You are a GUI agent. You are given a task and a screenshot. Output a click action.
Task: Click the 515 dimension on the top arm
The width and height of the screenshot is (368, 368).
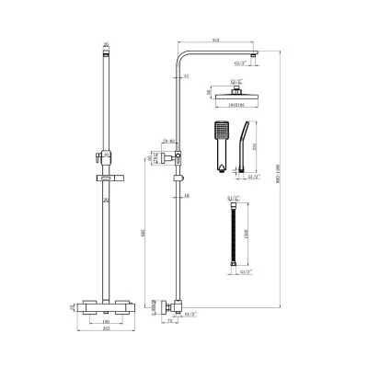tap(214, 40)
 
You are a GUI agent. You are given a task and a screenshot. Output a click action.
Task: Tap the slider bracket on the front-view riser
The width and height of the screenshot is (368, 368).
tap(106, 154)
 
